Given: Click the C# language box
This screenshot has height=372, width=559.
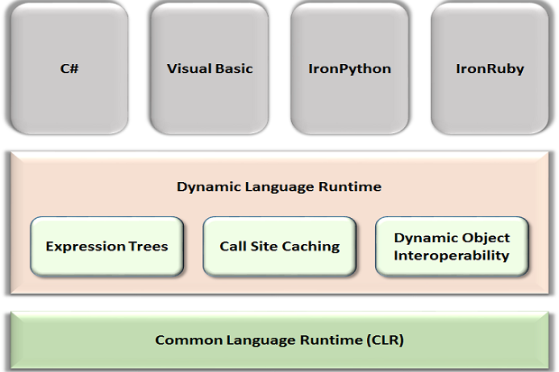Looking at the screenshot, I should (68, 68).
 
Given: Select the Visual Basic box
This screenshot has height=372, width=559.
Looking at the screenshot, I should (209, 68).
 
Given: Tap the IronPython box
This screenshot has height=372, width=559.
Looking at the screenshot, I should (349, 68).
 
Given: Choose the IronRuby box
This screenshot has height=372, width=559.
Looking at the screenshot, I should (490, 68).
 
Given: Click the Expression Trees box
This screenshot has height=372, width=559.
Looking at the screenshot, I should (106, 246).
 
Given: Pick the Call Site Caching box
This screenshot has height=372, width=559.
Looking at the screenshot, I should (279, 246).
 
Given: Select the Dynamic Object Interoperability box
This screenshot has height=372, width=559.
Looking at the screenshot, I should (452, 246).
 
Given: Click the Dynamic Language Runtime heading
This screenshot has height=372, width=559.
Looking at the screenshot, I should (279, 186).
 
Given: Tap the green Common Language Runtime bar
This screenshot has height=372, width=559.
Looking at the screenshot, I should (279, 340).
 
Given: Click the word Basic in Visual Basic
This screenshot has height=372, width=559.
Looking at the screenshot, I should (234, 68).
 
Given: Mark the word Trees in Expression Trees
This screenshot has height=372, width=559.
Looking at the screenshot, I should (147, 246).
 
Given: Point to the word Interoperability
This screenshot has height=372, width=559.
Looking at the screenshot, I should (452, 255).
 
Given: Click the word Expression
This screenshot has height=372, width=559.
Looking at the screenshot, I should (86, 246).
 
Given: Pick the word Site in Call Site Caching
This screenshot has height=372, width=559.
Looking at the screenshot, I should (261, 246).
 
